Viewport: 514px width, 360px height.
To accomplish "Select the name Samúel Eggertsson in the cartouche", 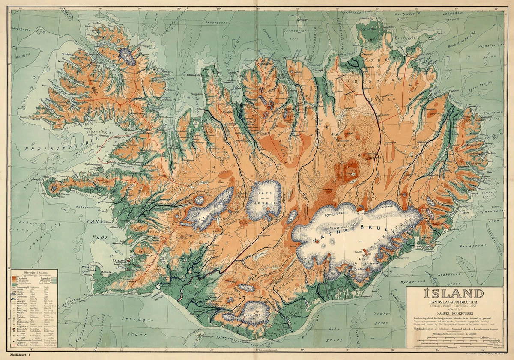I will [x=454, y=312].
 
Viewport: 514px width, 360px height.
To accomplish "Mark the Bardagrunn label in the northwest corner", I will [x=24, y=30].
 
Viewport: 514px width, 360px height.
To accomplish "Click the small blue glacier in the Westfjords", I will [x=127, y=55].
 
